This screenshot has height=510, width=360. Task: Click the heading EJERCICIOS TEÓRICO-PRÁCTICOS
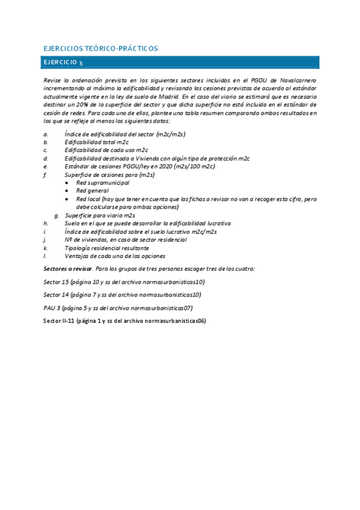point(101,48)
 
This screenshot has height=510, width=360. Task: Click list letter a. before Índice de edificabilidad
point(46,133)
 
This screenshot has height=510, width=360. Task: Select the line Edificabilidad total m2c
point(97,141)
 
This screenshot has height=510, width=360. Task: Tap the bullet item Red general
point(91,190)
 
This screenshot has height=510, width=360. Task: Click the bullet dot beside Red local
point(67,198)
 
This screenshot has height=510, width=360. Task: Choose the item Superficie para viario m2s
point(100,215)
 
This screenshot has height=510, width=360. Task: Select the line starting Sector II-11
point(125,321)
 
